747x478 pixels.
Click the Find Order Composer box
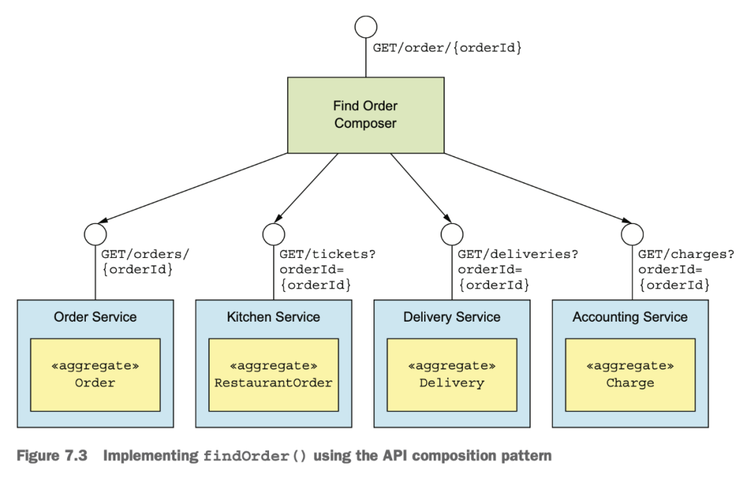point(366,115)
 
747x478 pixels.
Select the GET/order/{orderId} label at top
point(447,48)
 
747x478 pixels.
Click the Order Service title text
point(95,317)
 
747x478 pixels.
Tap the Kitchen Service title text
point(273,317)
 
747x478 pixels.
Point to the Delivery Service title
point(452,317)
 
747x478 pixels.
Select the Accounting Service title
point(630,317)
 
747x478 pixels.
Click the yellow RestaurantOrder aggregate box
point(273,375)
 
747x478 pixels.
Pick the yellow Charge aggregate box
point(630,375)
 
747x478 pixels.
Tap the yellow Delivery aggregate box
point(452,375)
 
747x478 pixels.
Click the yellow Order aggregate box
point(95,375)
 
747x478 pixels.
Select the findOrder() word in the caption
point(255,456)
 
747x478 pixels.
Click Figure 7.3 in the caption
point(52,456)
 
